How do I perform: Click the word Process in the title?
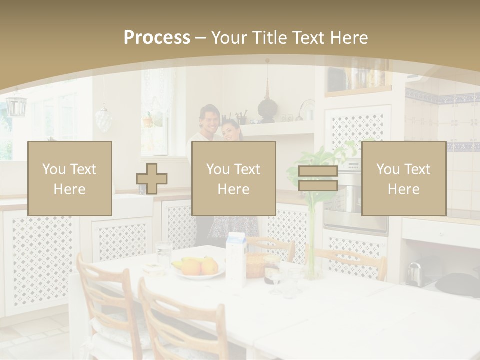pos(157,37)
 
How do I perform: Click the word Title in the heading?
pos(270,38)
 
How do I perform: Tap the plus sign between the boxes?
pos(152,178)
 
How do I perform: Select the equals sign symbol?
pos(318,178)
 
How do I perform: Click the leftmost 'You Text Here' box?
pos(70,178)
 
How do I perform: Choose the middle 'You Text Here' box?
pos(234,178)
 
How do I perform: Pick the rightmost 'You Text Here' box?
pos(404,178)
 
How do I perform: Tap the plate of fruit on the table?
pos(197,268)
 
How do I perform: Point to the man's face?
pos(208,118)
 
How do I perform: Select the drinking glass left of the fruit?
pos(163,254)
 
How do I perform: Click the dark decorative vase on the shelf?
pos(267,108)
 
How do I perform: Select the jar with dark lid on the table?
pos(272,270)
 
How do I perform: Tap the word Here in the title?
pos(348,38)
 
